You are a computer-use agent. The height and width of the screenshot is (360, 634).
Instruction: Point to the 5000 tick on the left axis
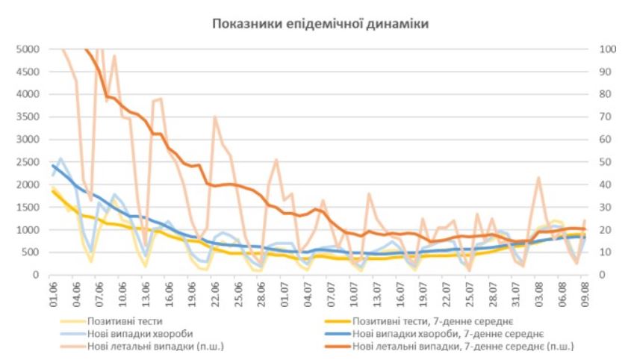pyautogui.click(x=28, y=49)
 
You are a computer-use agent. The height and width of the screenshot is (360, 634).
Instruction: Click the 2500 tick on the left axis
pyautogui.click(x=28, y=162)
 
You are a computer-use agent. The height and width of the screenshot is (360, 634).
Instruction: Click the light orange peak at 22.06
pyautogui.click(x=214, y=117)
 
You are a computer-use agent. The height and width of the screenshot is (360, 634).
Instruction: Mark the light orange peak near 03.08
pyautogui.click(x=538, y=178)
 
